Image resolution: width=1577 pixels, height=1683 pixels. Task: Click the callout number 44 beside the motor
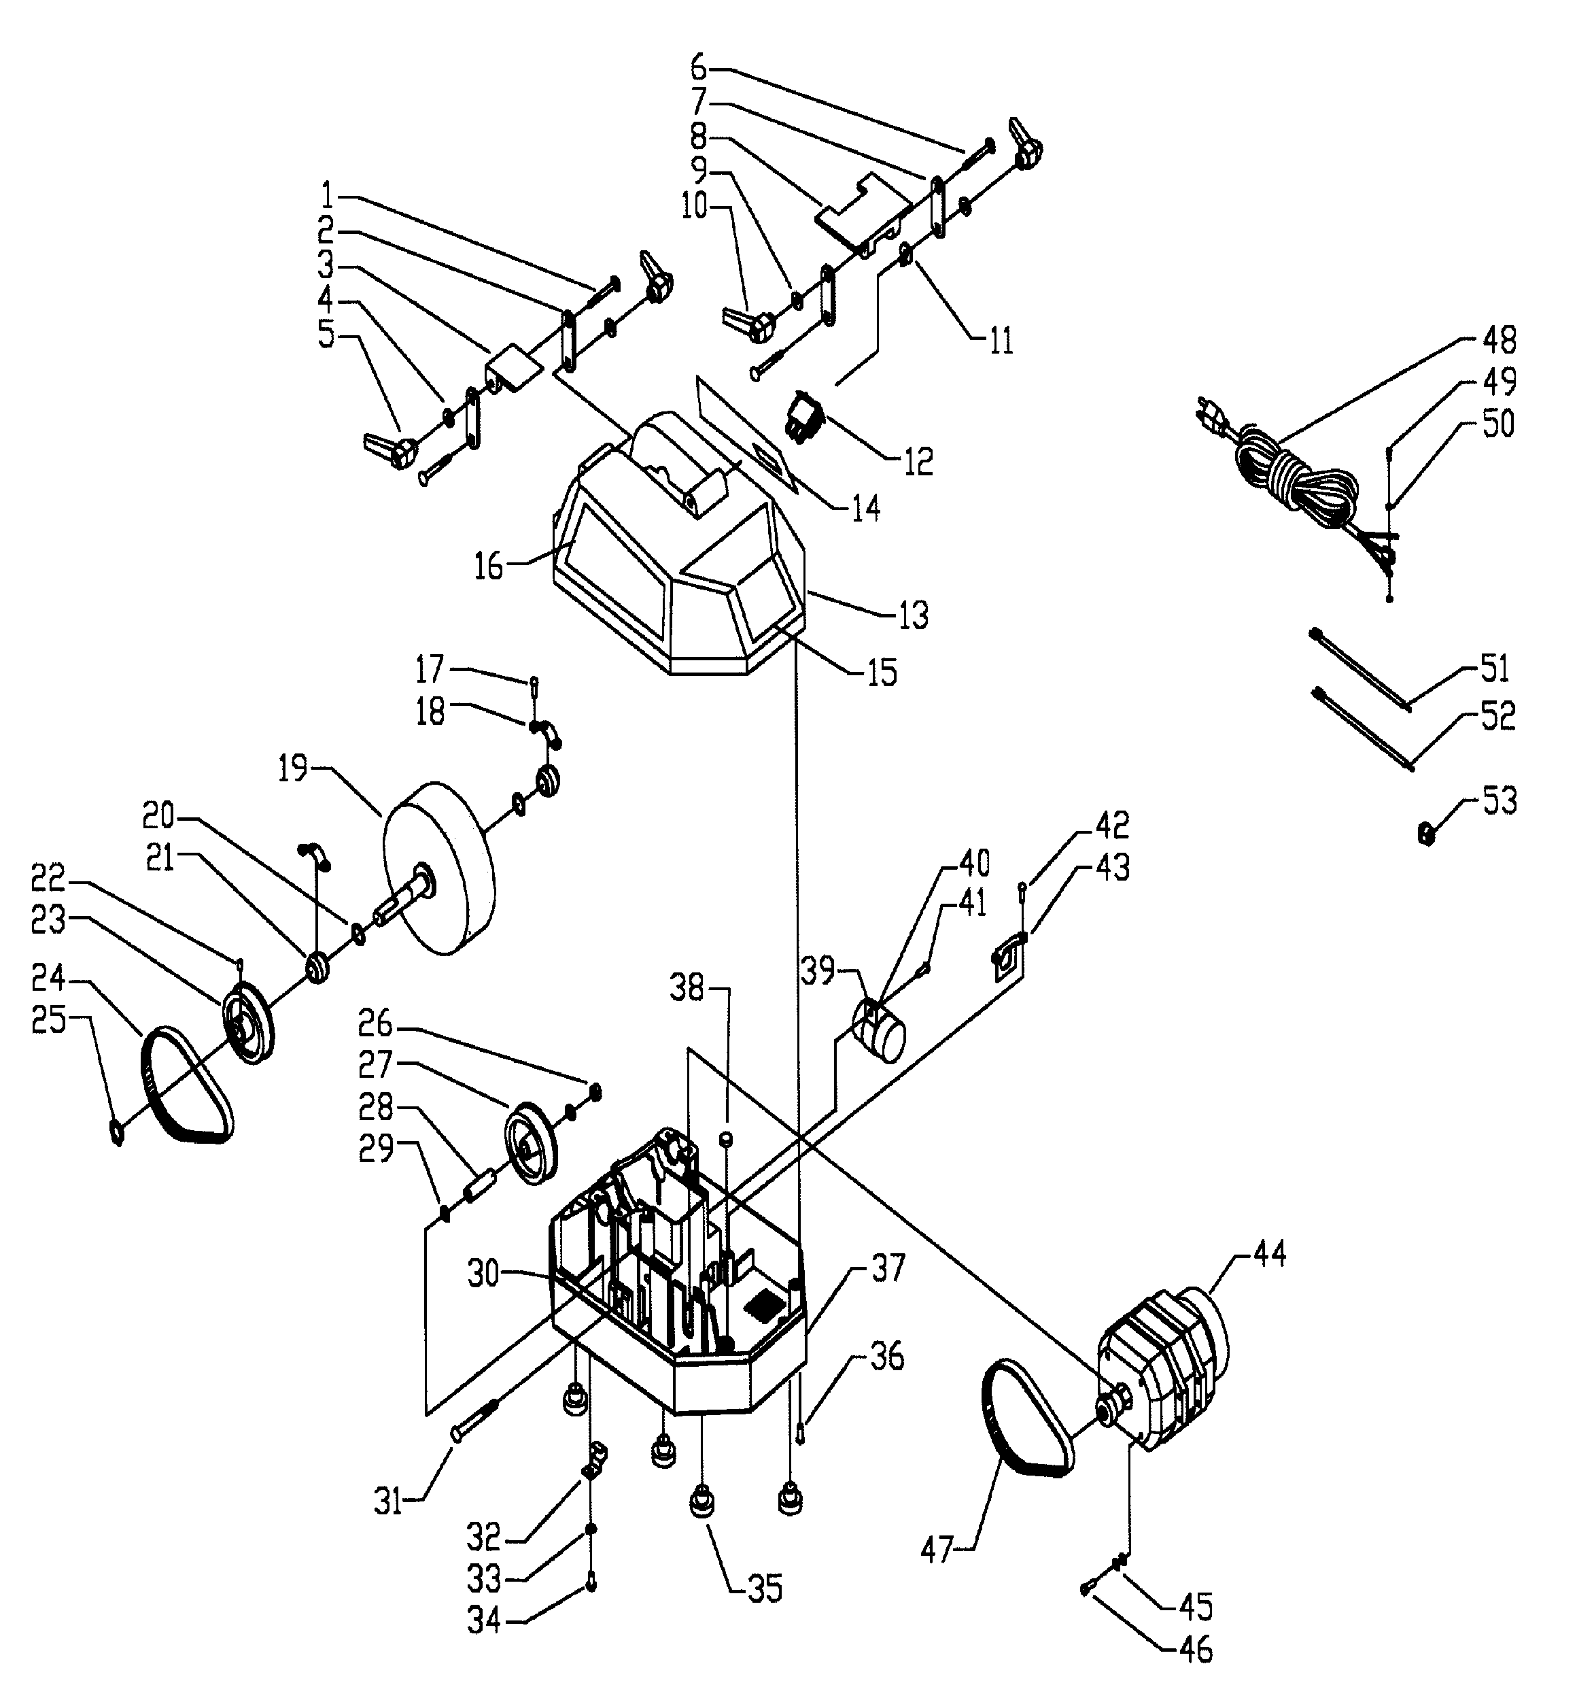(1268, 1253)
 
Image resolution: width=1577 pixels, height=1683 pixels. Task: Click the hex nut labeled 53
(1425, 835)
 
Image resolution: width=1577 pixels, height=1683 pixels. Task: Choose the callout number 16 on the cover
(489, 566)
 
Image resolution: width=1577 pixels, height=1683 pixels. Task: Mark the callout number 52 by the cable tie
(1497, 716)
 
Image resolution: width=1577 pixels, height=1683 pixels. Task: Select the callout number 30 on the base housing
(484, 1274)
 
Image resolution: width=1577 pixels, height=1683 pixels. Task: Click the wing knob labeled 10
(748, 324)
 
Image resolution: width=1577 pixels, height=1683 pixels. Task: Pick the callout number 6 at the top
(698, 65)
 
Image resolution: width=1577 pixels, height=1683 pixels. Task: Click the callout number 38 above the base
(687, 986)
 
